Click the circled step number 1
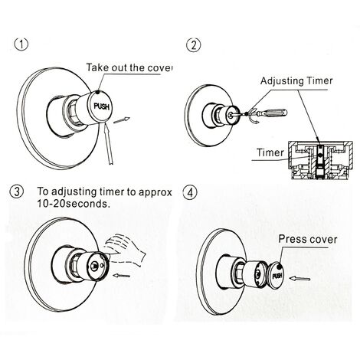(x=25, y=45)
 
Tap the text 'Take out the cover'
(x=129, y=67)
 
